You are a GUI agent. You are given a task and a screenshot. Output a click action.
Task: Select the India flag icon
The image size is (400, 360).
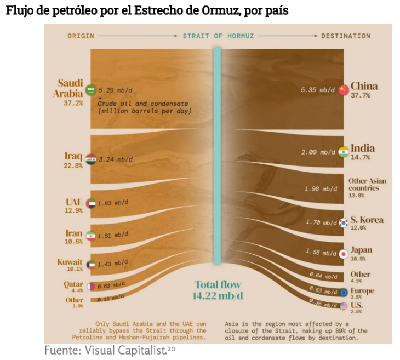344,152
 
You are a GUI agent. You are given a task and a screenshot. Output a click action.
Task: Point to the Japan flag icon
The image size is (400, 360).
343,254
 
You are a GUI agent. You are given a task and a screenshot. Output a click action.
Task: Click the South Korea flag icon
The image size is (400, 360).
344,223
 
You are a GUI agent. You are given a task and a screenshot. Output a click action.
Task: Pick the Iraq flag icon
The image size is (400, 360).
92,159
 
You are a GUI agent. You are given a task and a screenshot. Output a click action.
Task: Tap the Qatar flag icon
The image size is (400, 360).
91,285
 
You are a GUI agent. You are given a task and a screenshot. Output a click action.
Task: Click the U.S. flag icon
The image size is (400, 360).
344,306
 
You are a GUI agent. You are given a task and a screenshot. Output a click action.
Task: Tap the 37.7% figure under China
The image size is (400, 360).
361,95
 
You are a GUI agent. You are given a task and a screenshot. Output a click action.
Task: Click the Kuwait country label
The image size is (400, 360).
70,262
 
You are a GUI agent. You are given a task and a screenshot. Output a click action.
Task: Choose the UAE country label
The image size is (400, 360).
74,202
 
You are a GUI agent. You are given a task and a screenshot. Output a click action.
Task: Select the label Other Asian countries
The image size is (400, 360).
367,185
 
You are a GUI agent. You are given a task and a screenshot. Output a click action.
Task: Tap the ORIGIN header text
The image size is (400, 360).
81,36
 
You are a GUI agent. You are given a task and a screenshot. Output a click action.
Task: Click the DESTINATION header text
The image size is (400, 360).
346,36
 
